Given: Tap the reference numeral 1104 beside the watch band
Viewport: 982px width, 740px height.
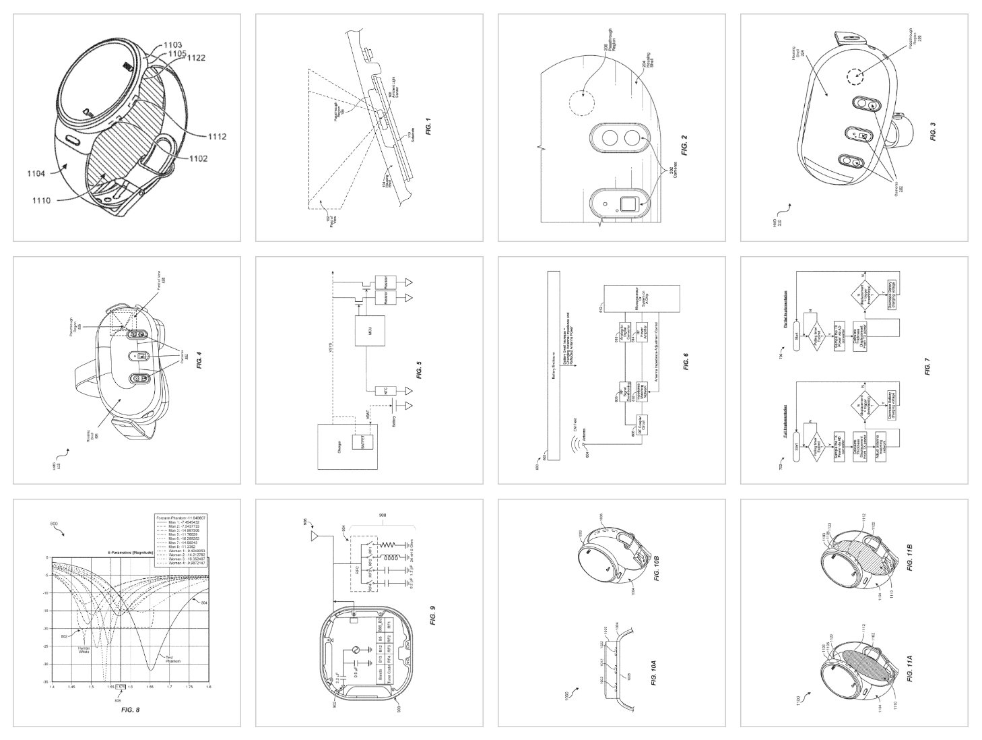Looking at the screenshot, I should [36, 174].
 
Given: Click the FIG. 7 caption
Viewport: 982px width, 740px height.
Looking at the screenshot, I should [927, 369].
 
